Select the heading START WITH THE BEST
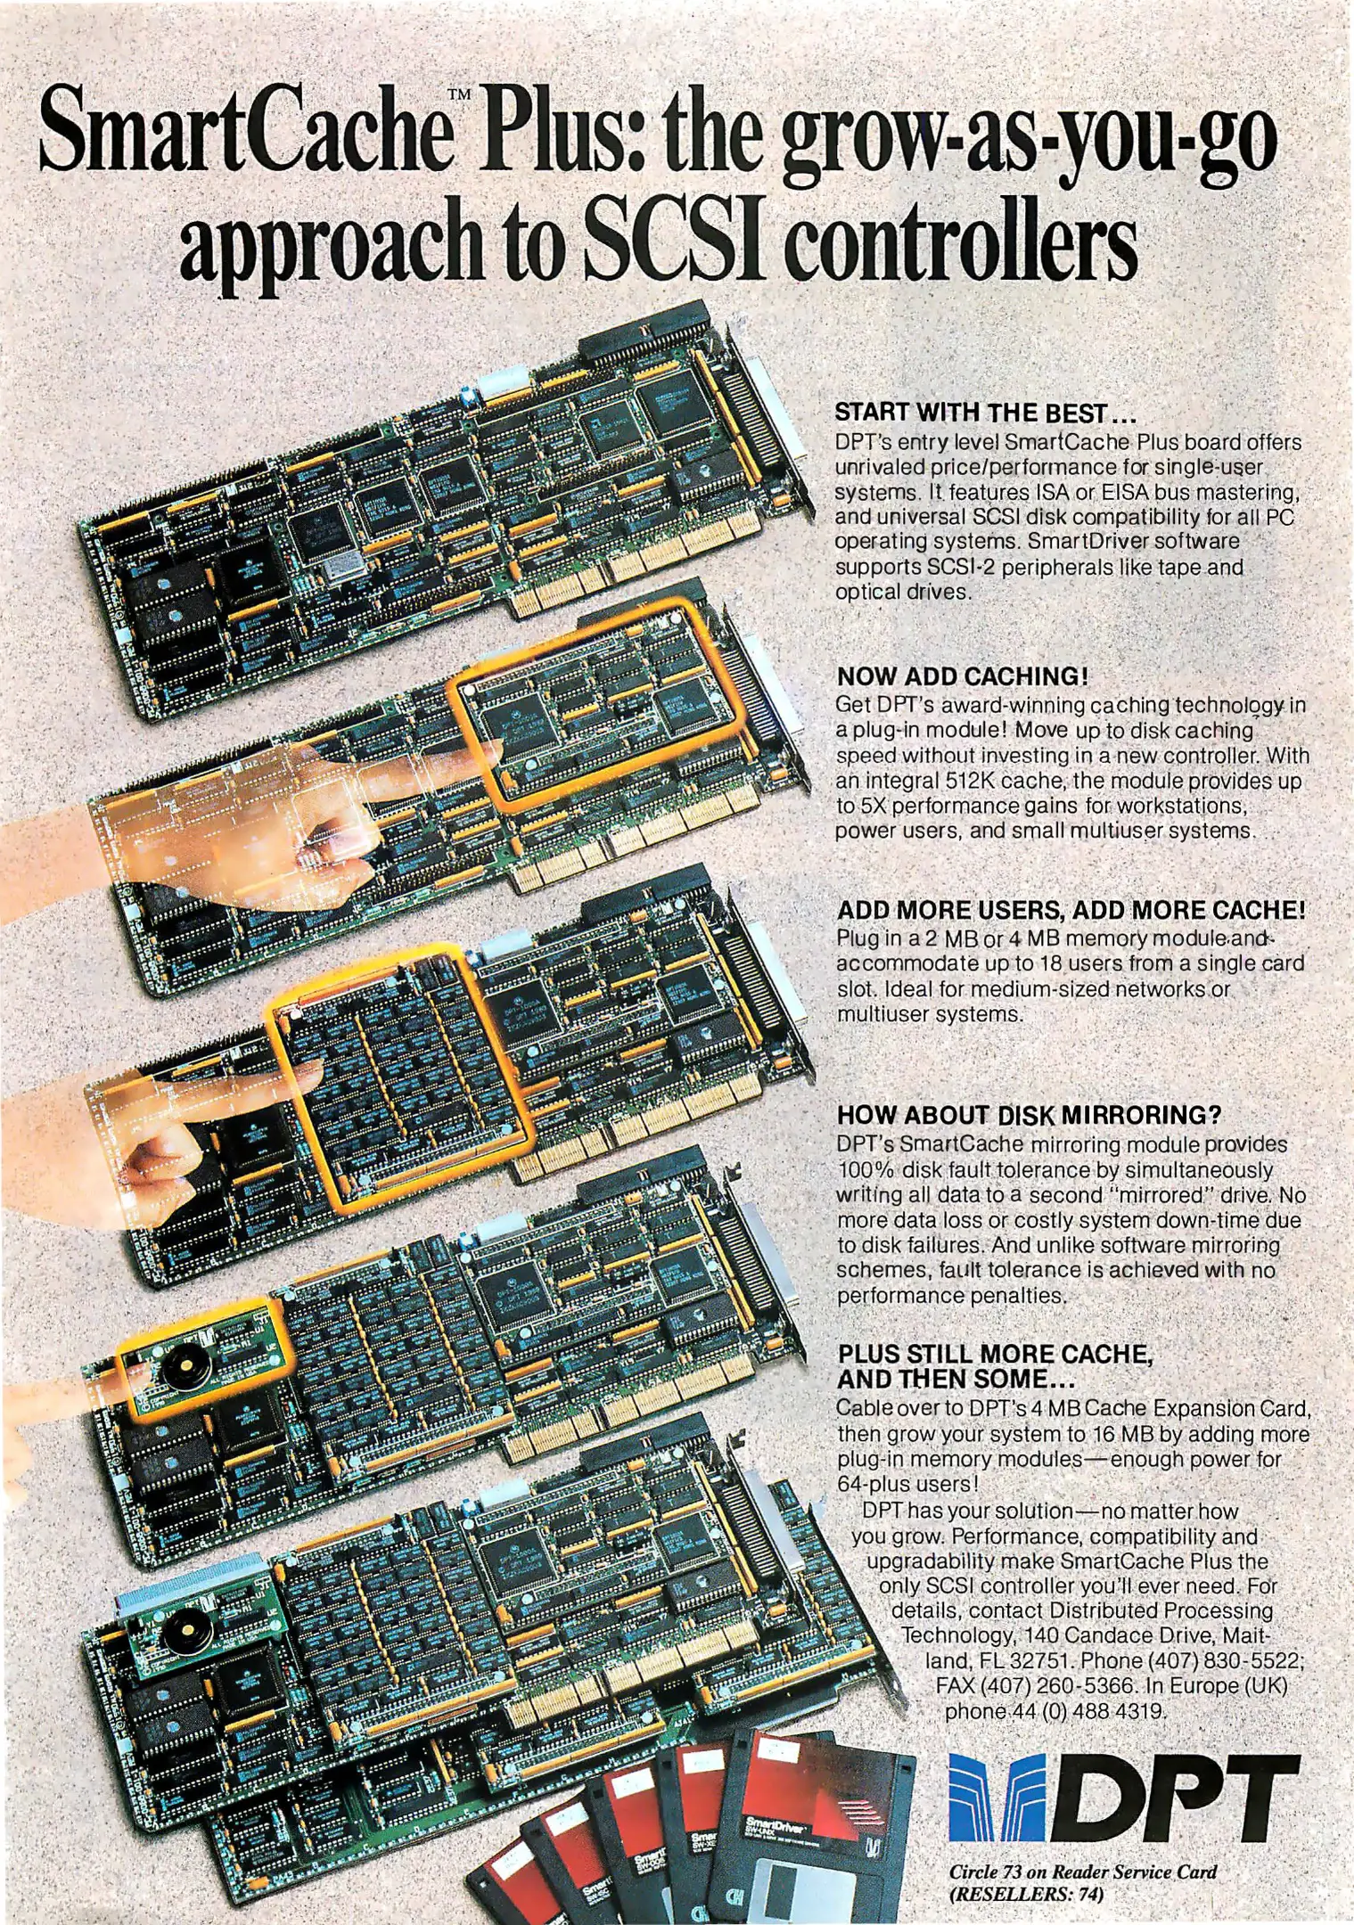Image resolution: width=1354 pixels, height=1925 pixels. tap(986, 413)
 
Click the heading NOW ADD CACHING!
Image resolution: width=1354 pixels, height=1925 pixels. tap(962, 676)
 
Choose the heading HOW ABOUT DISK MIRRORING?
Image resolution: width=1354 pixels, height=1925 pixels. tap(1029, 1115)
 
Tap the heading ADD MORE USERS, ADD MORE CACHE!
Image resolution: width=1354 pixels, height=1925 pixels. tap(1071, 910)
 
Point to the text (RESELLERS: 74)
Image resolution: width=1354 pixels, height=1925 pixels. tap(1026, 1894)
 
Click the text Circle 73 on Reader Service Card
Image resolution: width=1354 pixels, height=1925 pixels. tap(1083, 1872)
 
